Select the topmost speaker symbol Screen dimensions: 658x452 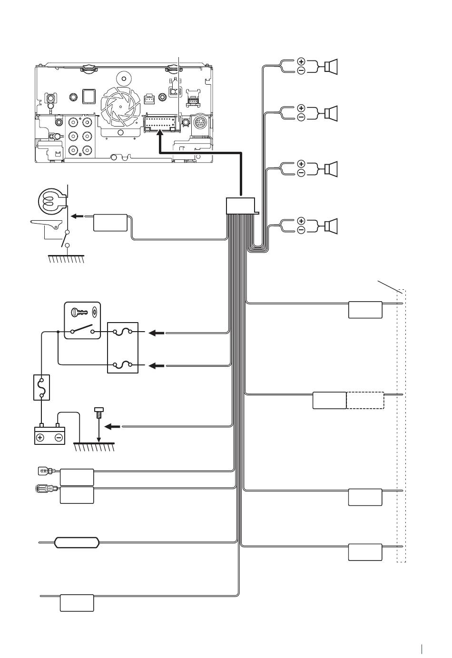(x=331, y=66)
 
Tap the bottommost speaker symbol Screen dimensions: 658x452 (x=331, y=226)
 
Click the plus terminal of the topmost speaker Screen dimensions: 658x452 (x=301, y=61)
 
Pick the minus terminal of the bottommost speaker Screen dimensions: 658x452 (x=301, y=230)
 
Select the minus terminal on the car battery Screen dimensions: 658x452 (x=59, y=437)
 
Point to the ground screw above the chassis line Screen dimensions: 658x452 (x=99, y=412)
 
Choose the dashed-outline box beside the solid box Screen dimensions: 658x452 (x=365, y=400)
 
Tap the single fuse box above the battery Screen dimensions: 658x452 (x=41, y=387)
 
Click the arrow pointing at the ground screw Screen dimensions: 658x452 (x=112, y=427)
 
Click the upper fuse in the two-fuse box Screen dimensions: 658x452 (x=123, y=333)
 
